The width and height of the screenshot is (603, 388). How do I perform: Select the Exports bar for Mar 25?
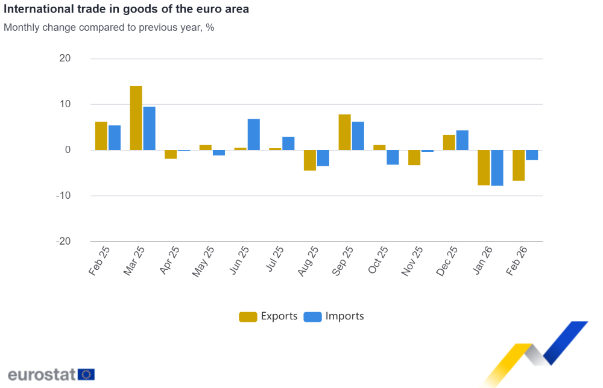pyautogui.click(x=136, y=118)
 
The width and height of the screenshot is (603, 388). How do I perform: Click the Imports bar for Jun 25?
pyautogui.click(x=254, y=134)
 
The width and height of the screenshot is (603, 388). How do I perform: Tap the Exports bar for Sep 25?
pyautogui.click(x=345, y=133)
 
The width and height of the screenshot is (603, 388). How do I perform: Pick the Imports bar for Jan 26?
pyautogui.click(x=497, y=168)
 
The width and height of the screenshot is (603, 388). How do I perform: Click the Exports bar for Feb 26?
pyautogui.click(x=519, y=166)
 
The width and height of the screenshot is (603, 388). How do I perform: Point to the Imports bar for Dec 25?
pyautogui.click(x=463, y=140)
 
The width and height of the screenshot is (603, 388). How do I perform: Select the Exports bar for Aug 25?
pyautogui.click(x=310, y=160)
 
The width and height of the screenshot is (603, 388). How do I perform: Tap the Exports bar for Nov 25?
pyautogui.click(x=414, y=157)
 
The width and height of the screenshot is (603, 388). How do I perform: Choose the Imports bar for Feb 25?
pyautogui.click(x=115, y=138)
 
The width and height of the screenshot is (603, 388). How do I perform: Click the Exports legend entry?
pyautogui.click(x=268, y=316)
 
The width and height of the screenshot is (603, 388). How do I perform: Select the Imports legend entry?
pyautogui.click(x=334, y=316)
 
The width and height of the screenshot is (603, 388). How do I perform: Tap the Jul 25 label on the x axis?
pyautogui.click(x=275, y=260)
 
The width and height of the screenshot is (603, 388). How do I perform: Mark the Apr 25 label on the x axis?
pyautogui.click(x=170, y=260)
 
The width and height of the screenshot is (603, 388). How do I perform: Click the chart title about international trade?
pyautogui.click(x=126, y=10)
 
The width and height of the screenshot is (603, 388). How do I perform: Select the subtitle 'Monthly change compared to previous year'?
pyautogui.click(x=109, y=28)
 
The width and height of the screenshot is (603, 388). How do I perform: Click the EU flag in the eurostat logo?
pyautogui.click(x=86, y=374)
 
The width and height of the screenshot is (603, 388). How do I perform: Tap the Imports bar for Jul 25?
pyautogui.click(x=288, y=143)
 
